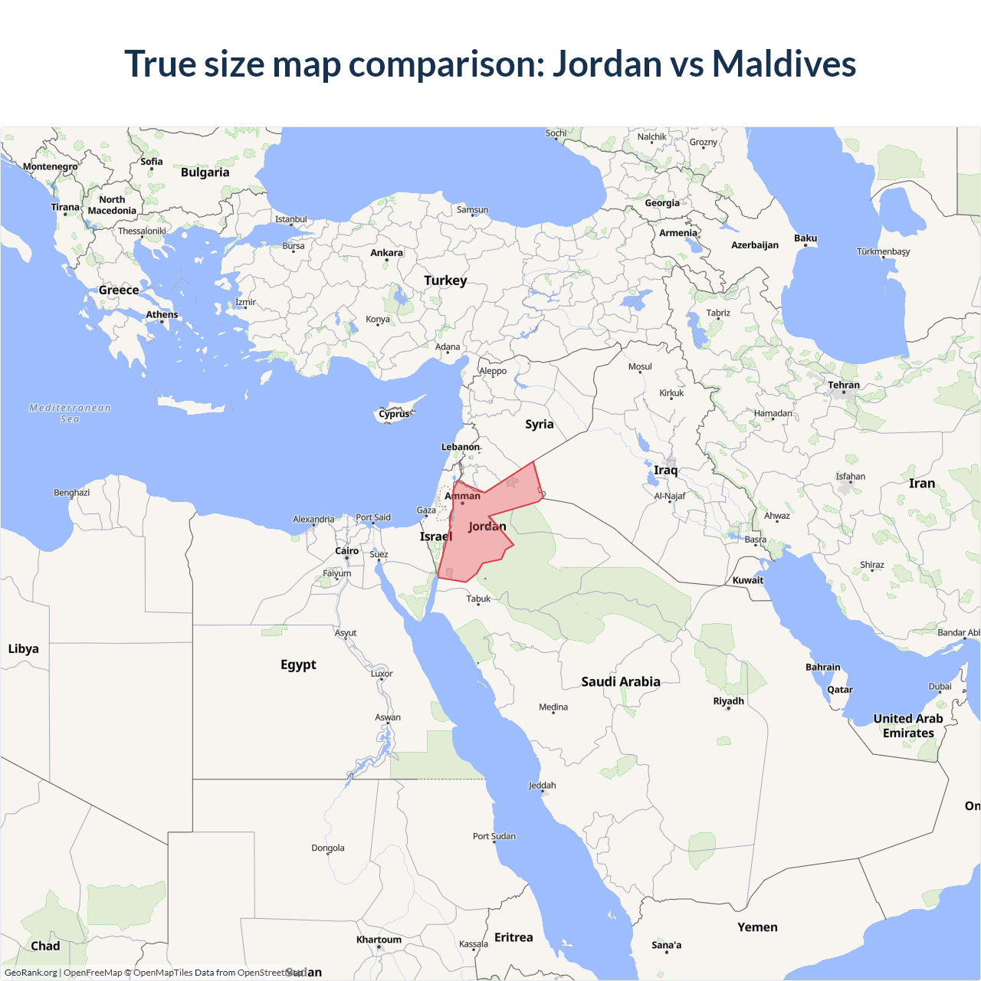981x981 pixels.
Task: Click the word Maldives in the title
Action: point(783,64)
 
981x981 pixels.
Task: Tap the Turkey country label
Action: point(445,281)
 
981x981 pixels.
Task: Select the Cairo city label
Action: point(347,551)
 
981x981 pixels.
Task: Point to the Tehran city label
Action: point(844,386)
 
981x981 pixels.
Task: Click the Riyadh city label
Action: point(728,701)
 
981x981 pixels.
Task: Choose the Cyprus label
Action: point(395,414)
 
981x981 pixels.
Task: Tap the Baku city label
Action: point(805,238)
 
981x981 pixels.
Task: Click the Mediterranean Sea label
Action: point(70,413)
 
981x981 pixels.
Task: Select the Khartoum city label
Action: point(379,940)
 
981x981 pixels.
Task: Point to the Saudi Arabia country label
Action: point(621,681)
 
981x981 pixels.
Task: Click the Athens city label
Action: point(162,315)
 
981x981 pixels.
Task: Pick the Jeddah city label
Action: point(543,786)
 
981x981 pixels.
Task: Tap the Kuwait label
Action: point(748,580)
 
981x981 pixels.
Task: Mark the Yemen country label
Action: point(757,927)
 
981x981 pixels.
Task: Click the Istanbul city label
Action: point(291,219)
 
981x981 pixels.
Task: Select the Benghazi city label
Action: point(71,493)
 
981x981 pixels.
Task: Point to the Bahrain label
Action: point(823,668)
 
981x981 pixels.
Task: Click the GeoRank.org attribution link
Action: point(31,973)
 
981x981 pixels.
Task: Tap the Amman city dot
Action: point(462,503)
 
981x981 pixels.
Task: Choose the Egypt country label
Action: point(298,664)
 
